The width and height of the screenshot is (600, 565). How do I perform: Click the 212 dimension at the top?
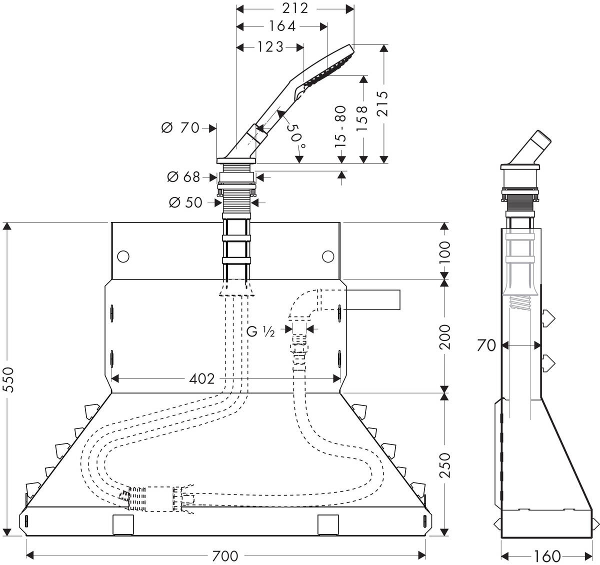tap(295, 8)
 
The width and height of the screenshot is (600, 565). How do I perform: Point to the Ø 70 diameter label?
tap(180, 128)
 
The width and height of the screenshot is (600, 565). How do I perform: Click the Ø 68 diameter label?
tap(183, 176)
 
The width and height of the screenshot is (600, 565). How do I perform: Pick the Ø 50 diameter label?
tap(185, 202)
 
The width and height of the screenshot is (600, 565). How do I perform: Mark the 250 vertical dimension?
tap(444, 464)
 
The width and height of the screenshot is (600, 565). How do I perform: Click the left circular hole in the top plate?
tap(122, 256)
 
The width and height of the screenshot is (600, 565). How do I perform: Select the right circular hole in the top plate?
tap(327, 256)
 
